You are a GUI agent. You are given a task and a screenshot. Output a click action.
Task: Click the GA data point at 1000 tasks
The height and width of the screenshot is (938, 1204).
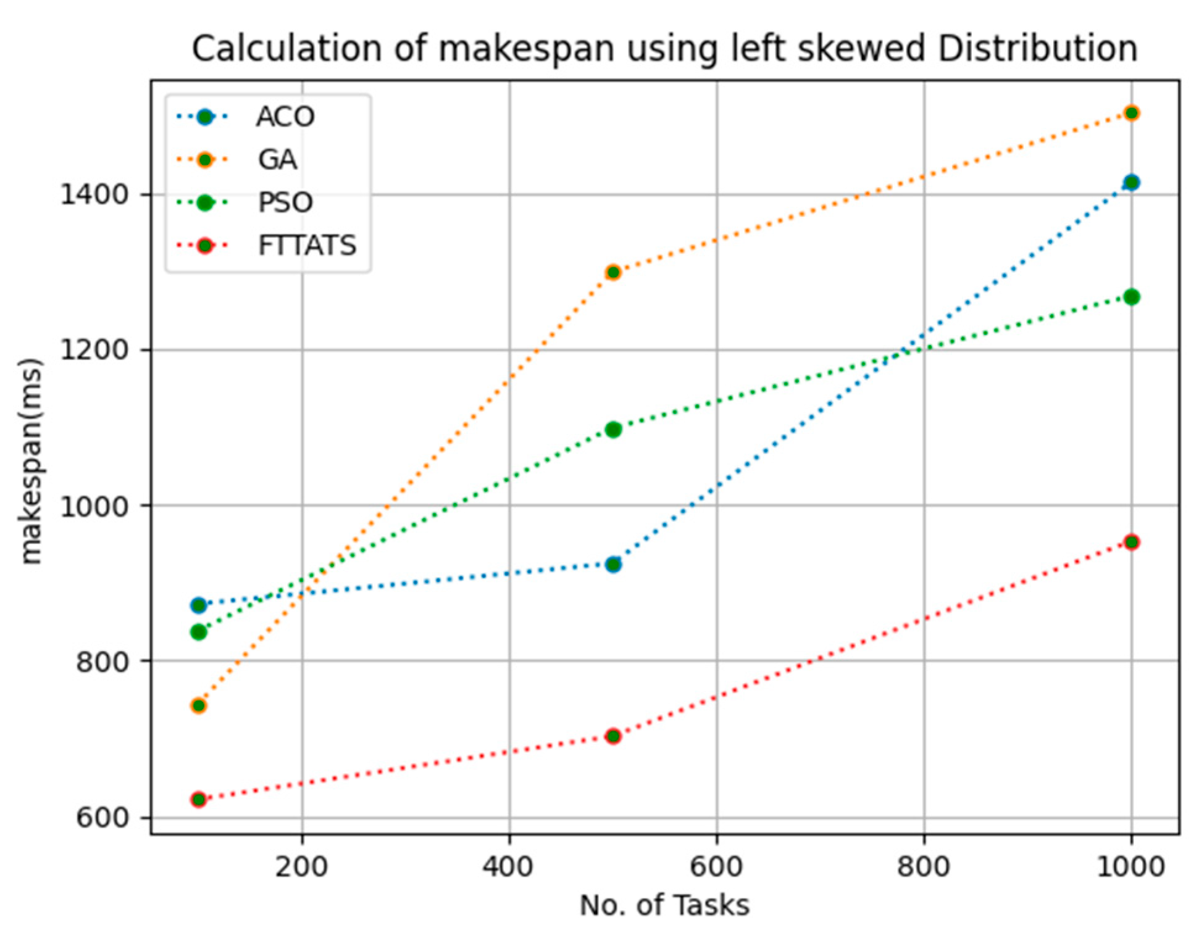[1131, 113]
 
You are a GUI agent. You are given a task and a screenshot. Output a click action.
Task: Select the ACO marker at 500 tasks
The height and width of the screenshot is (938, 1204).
[613, 564]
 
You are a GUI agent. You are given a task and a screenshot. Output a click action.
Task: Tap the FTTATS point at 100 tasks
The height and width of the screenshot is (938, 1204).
[199, 799]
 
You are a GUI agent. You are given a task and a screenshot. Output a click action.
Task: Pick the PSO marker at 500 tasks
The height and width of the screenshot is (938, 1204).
[613, 430]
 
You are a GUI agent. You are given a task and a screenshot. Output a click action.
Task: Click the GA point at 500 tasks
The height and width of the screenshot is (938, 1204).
[613, 272]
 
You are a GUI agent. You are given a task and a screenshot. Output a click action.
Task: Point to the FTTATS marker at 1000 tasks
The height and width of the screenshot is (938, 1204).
[1131, 542]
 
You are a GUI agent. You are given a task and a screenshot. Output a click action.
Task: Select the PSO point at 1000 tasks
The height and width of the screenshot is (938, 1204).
[1131, 297]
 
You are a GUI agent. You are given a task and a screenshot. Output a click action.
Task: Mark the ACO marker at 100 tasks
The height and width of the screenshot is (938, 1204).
[199, 605]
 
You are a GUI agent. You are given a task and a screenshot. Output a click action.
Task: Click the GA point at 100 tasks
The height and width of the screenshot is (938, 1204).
[199, 705]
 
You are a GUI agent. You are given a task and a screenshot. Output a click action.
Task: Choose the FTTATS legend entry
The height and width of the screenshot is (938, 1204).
[307, 246]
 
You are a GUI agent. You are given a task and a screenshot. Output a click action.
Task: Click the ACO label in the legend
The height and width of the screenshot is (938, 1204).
[285, 117]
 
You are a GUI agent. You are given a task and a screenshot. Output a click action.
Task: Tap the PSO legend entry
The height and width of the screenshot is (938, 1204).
[285, 202]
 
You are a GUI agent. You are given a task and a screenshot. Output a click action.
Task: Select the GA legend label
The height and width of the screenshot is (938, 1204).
[278, 160]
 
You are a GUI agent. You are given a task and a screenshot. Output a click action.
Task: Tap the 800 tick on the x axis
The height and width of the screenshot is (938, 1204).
[924, 867]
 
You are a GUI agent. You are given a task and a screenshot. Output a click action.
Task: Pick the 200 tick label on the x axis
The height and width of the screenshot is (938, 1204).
[301, 867]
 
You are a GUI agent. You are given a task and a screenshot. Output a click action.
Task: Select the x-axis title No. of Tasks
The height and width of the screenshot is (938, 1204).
[664, 905]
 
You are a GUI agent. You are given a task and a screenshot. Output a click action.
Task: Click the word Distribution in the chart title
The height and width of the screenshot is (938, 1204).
[1037, 48]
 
